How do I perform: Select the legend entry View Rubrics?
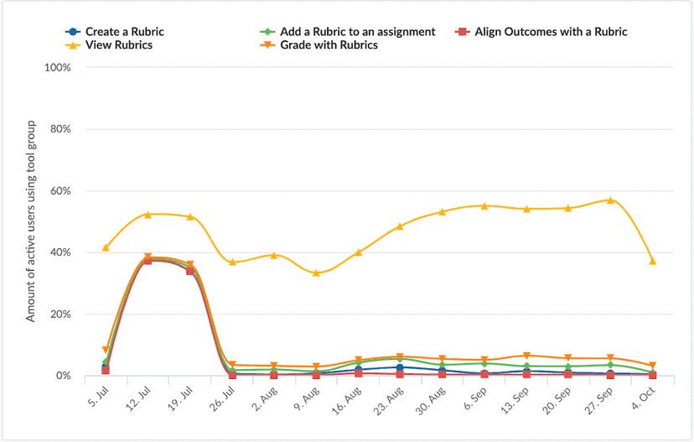click(x=118, y=44)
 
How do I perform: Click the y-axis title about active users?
click(x=31, y=221)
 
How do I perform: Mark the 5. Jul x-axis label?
click(x=97, y=394)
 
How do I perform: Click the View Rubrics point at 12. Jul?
click(x=148, y=215)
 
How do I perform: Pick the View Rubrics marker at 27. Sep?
click(x=610, y=200)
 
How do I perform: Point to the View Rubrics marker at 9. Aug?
click(x=316, y=273)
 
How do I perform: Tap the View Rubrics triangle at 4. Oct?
click(x=652, y=261)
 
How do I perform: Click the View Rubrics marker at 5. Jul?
click(x=106, y=247)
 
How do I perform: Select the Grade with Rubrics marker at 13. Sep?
click(x=526, y=356)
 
